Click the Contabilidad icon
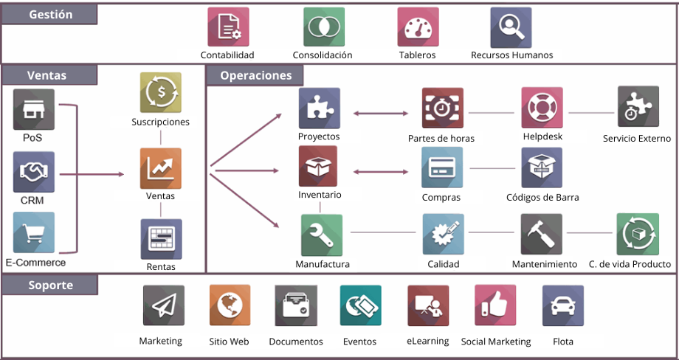228,27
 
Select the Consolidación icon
324,27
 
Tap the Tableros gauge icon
418,27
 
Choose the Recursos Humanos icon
511,27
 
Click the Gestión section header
50,15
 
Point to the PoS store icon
34,109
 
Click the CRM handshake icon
34,172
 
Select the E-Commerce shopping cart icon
34,232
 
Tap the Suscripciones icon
161,92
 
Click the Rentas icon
161,238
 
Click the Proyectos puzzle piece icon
319,108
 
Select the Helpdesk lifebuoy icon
542,108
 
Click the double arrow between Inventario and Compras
381,172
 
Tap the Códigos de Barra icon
542,167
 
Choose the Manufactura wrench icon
322,234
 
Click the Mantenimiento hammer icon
541,234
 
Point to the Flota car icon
562,305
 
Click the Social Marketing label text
496,342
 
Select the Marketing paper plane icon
163,305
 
